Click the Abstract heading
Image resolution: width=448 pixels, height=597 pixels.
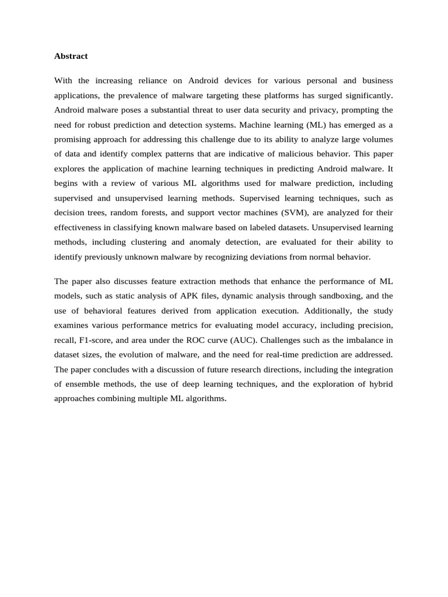tap(71, 56)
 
